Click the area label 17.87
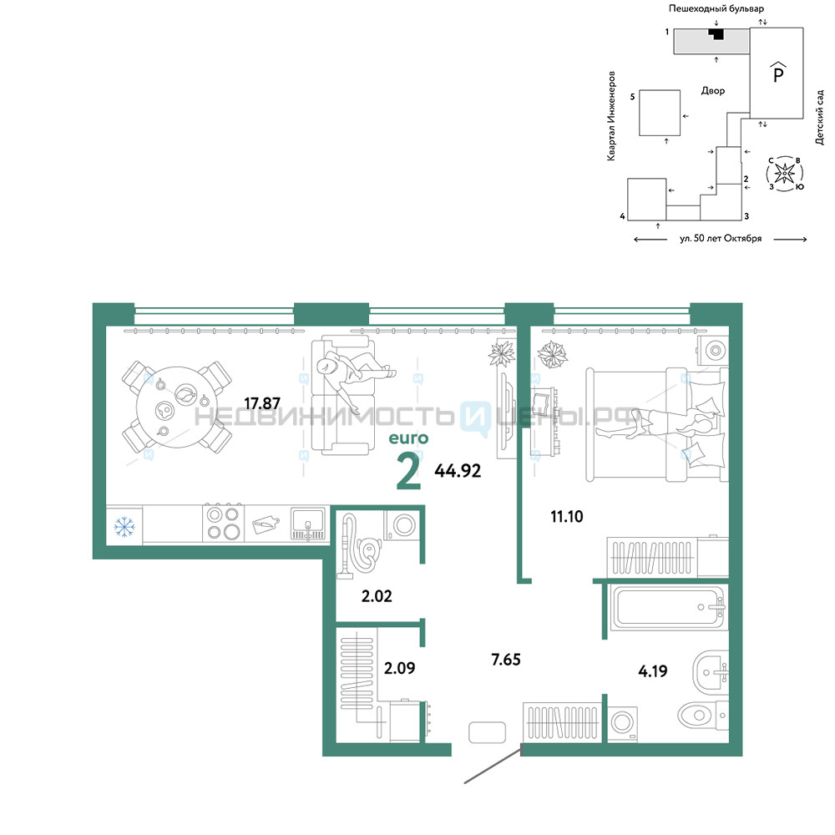tap(262, 403)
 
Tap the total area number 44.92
tap(458, 471)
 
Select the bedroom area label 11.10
tap(567, 517)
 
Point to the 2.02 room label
tap(377, 596)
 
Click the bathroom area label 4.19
tap(652, 671)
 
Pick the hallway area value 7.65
tap(506, 660)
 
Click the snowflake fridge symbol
tap(124, 527)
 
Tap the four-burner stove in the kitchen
tap(224, 523)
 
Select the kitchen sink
tap(308, 524)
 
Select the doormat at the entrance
tap(488, 732)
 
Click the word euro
tap(408, 438)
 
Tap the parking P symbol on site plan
tap(778, 73)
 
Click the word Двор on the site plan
tap(713, 91)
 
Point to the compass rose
tap(784, 174)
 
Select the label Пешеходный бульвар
tap(716, 8)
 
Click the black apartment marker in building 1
tap(716, 33)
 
